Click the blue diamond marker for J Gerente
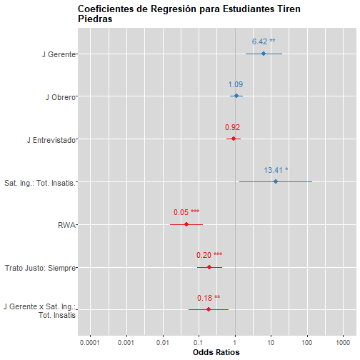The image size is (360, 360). pos(264,54)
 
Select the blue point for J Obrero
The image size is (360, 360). pos(236,96)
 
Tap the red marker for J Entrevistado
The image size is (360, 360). pos(234,139)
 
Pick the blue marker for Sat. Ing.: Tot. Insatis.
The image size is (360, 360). pos(276,181)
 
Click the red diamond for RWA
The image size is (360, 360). pos(186,224)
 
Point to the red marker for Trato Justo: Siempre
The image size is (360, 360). pos(209,267)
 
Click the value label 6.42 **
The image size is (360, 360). pos(264,41)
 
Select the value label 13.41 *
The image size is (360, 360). pos(276,170)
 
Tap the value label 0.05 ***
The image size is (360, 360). pos(186,212)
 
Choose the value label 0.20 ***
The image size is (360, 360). pos(209,255)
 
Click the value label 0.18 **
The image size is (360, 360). pos(209,298)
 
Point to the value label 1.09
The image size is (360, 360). pos(236,84)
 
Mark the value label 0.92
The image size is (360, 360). pos(232,127)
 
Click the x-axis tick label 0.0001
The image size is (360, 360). pos(90,343)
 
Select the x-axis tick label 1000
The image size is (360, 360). pos(343,343)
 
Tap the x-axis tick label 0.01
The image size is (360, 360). pos(163,343)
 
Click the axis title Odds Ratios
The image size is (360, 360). pos(216,352)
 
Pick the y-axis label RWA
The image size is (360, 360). pos(66,225)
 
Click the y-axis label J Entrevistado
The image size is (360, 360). pos(51,140)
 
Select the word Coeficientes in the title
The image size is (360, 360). pos(106,9)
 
